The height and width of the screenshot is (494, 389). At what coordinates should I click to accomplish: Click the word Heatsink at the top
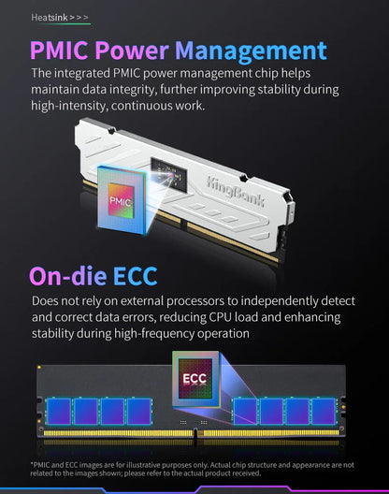click(50, 18)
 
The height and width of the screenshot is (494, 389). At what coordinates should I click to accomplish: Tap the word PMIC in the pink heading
click(59, 51)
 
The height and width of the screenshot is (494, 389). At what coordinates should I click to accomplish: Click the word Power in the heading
click(132, 51)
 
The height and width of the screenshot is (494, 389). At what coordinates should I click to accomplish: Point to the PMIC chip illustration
click(122, 199)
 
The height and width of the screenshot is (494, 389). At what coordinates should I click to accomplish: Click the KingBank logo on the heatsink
click(235, 192)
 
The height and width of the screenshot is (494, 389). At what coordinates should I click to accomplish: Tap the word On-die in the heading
click(67, 276)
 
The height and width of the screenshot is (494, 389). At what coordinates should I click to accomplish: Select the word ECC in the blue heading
click(136, 276)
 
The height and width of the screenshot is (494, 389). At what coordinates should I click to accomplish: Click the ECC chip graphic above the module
click(195, 378)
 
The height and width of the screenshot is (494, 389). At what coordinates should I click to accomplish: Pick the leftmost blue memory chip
click(59, 411)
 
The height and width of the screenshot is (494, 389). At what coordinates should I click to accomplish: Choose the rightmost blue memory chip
click(324, 411)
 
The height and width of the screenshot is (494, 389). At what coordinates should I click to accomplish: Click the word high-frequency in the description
click(153, 334)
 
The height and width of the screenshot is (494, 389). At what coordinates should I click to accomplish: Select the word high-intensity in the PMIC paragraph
click(69, 106)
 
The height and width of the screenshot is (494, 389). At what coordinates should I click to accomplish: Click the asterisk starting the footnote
click(32, 464)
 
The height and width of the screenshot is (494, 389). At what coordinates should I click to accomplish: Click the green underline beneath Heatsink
click(61, 24)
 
